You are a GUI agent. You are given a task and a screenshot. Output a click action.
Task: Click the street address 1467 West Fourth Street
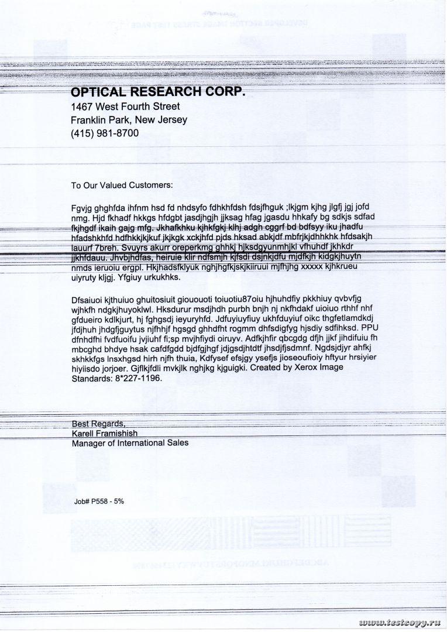(125, 107)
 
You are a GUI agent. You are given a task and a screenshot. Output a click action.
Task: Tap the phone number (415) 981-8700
(105, 133)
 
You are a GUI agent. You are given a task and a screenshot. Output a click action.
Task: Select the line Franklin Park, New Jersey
(129, 120)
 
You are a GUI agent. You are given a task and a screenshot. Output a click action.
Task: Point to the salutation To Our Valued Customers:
(122, 186)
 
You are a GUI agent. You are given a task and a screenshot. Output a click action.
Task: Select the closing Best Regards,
(98, 423)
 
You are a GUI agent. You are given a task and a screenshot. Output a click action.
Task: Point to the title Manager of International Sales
(130, 443)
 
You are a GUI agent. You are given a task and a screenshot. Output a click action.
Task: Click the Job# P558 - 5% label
(99, 502)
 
